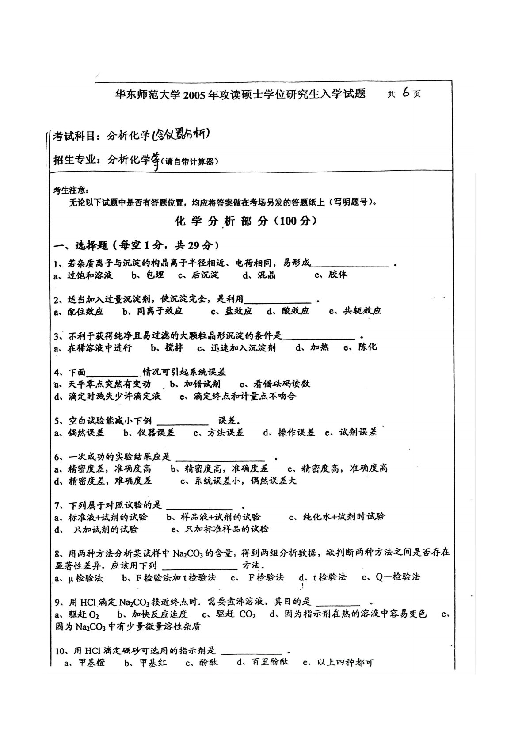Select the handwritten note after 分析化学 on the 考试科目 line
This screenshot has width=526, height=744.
[x=180, y=136]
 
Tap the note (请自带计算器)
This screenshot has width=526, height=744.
[x=190, y=162]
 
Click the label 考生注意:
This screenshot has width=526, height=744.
[x=71, y=190]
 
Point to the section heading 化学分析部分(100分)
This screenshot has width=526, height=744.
[x=246, y=221]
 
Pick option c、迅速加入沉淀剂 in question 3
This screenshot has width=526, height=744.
[x=236, y=348]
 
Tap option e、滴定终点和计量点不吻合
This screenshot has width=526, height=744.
[x=238, y=396]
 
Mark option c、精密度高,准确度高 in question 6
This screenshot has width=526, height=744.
[x=338, y=469]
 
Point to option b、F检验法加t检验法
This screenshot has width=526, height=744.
[x=168, y=577]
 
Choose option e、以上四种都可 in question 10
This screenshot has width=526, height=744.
[x=338, y=663]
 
